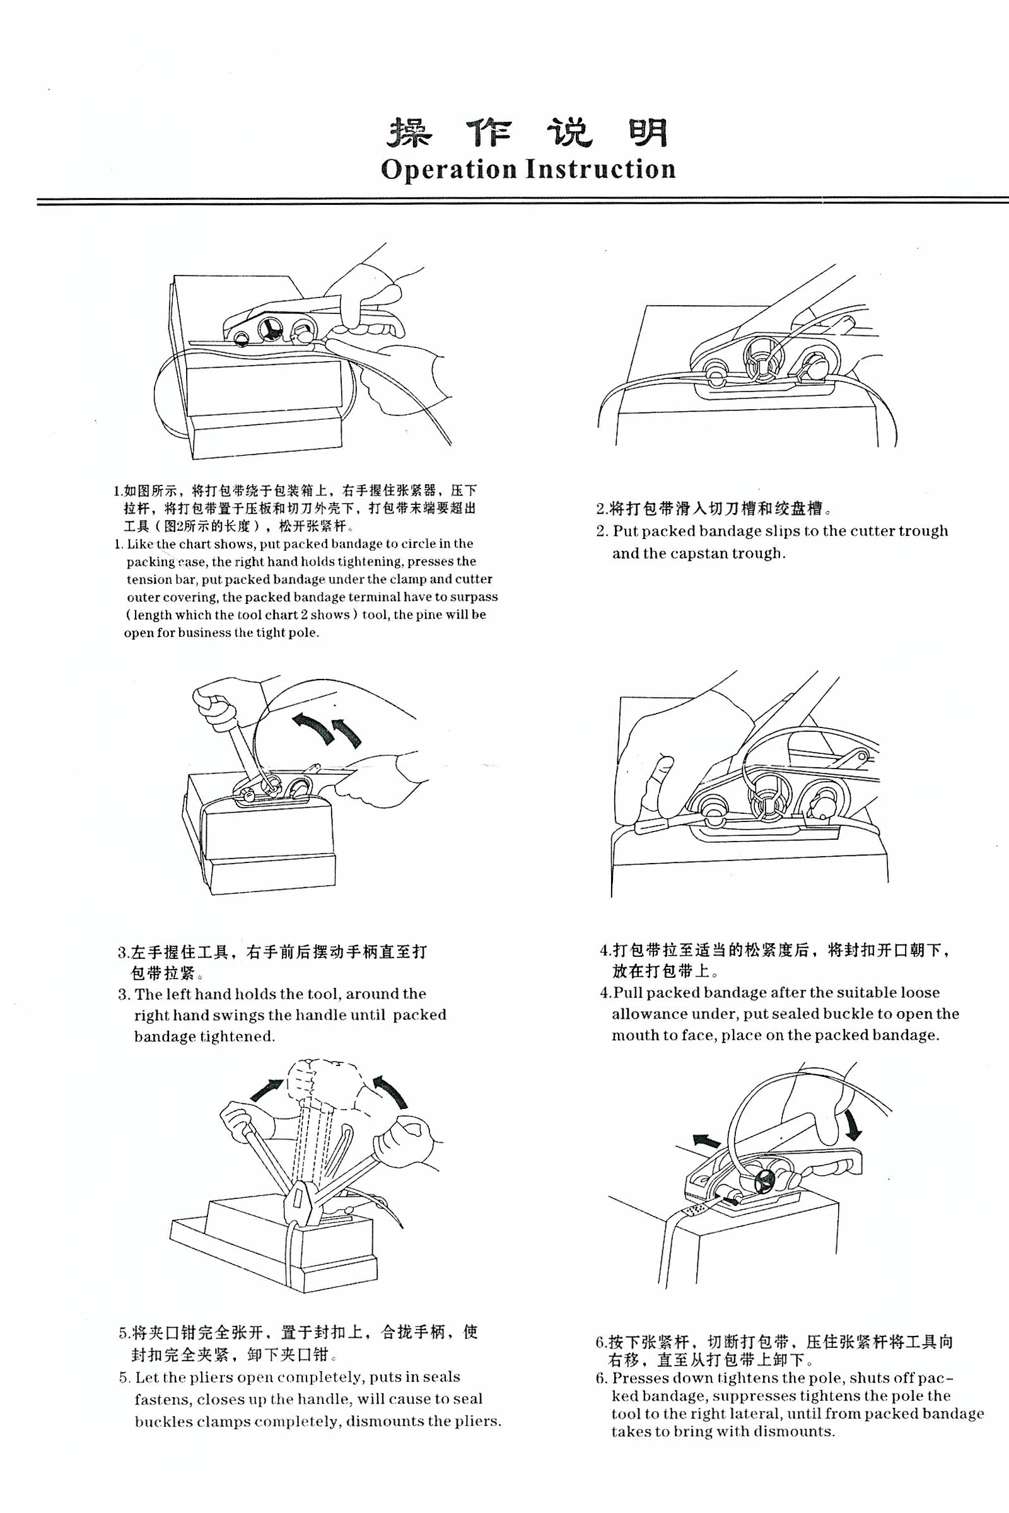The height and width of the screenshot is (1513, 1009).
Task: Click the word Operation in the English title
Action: [448, 169]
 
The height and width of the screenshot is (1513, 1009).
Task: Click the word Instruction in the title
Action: [601, 168]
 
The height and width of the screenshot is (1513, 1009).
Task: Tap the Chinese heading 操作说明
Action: [527, 132]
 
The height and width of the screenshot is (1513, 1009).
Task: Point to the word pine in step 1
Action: [426, 615]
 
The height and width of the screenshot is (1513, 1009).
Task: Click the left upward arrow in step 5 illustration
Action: [265, 1089]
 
